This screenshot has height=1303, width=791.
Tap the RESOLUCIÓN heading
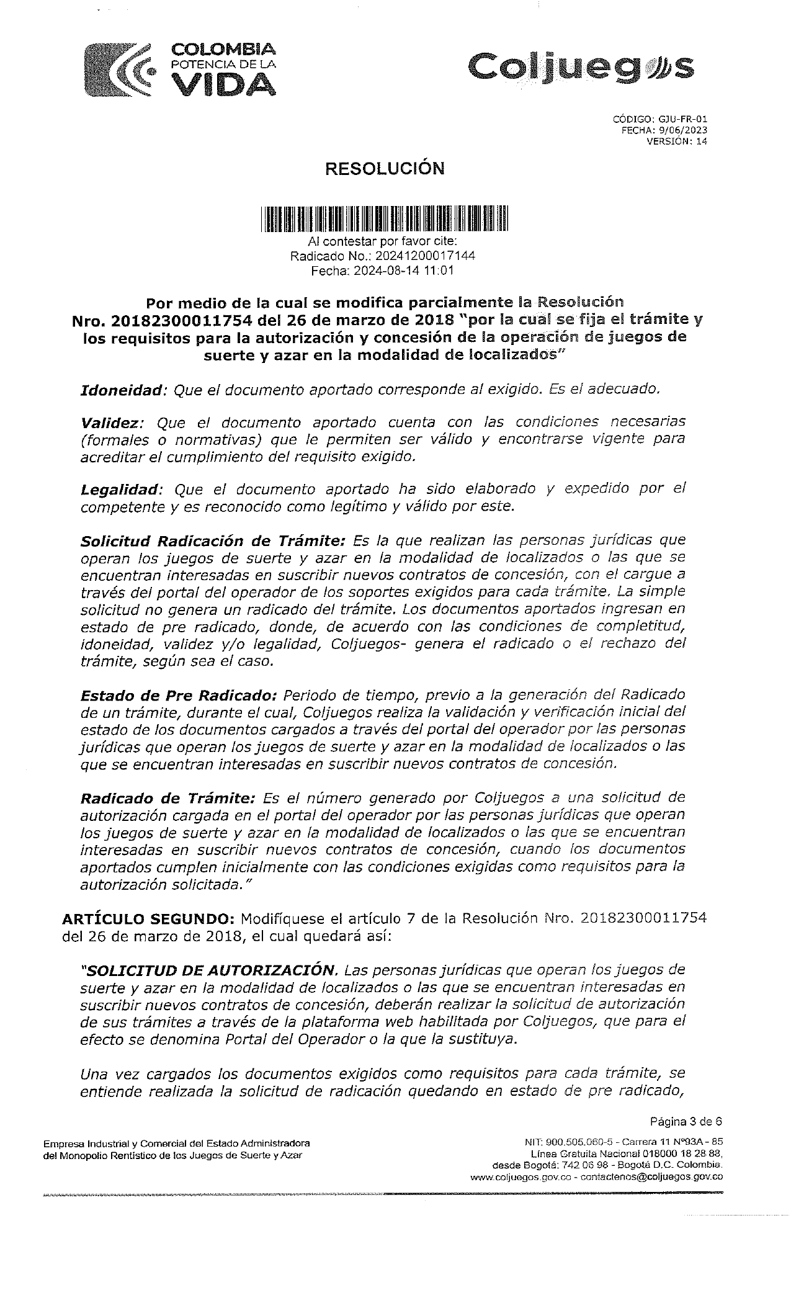tap(386, 169)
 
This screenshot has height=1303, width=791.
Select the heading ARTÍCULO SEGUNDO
tap(148, 918)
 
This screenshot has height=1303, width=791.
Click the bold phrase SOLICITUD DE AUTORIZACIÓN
tap(208, 970)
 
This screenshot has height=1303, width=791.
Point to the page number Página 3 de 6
tap(686, 1122)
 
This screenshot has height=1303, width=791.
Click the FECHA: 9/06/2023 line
tap(664, 130)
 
